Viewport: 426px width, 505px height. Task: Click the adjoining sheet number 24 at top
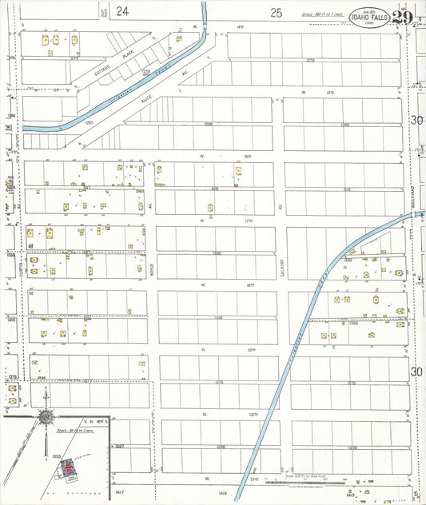121,11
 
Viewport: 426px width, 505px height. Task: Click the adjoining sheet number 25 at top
277,12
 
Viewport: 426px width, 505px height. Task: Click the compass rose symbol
46,416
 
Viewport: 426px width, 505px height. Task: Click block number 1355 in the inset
56,455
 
